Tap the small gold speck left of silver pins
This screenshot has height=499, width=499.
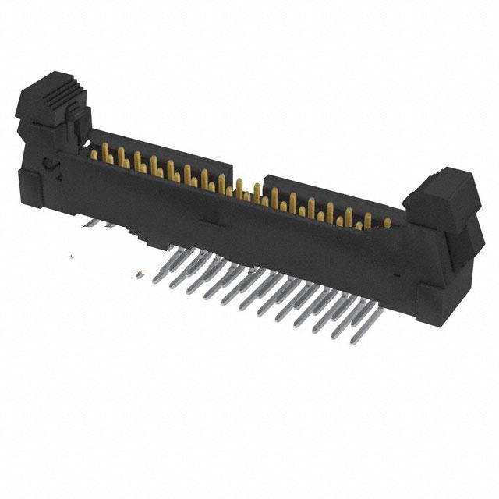click(x=139, y=273)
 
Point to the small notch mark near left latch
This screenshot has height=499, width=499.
click(x=49, y=165)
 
